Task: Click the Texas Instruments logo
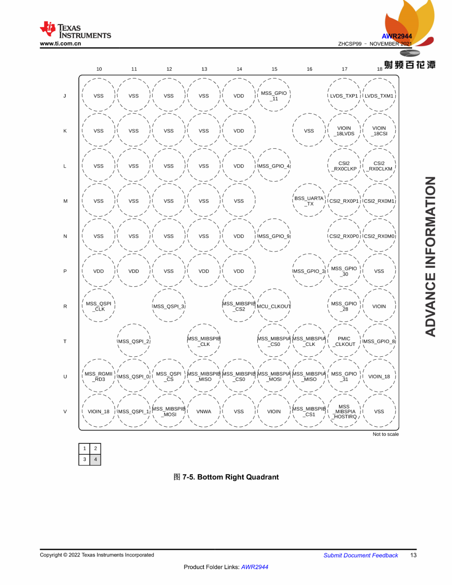(75, 31)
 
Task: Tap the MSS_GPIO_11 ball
(274, 96)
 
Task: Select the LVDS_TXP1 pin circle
(344, 96)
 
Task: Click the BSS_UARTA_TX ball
(309, 201)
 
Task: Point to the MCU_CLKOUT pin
(274, 306)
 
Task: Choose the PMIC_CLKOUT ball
(344, 341)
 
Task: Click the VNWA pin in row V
(204, 411)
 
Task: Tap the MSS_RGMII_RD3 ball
(99, 376)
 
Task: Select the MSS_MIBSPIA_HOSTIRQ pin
(344, 411)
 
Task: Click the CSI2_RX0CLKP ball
(344, 166)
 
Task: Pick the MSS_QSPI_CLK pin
(99, 306)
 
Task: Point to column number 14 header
(239, 69)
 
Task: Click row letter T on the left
(65, 341)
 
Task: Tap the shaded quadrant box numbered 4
(95, 459)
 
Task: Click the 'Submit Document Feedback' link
(360, 555)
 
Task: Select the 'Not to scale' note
(385, 434)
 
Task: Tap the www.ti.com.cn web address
(60, 44)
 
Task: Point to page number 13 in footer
(413, 555)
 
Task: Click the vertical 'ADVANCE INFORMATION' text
(430, 256)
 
